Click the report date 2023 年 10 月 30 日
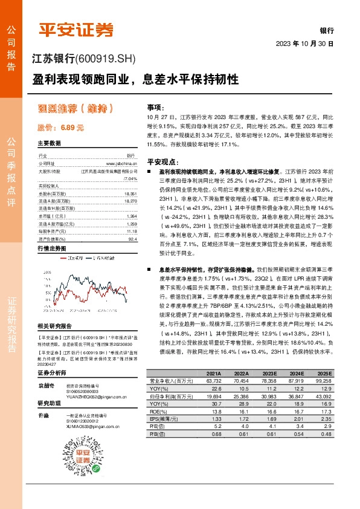point(304,44)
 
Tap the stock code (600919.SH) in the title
point(107,59)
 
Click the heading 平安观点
point(161,161)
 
